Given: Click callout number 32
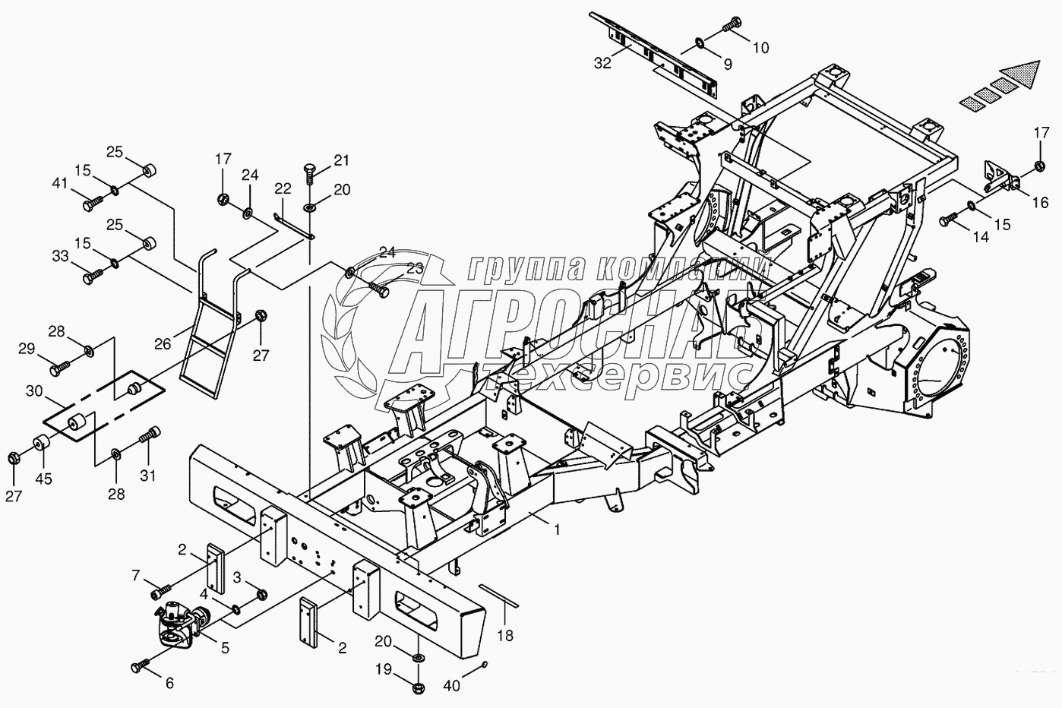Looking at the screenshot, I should point(602,63).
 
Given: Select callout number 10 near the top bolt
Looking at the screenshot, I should point(760,48).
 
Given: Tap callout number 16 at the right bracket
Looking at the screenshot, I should point(1040,202).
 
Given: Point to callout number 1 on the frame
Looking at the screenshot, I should point(557,529).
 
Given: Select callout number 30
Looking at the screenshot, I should point(34,391).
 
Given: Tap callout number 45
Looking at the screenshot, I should point(45,479).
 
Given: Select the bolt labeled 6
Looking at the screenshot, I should point(140,667).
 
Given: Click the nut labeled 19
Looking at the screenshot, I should point(417,688).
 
